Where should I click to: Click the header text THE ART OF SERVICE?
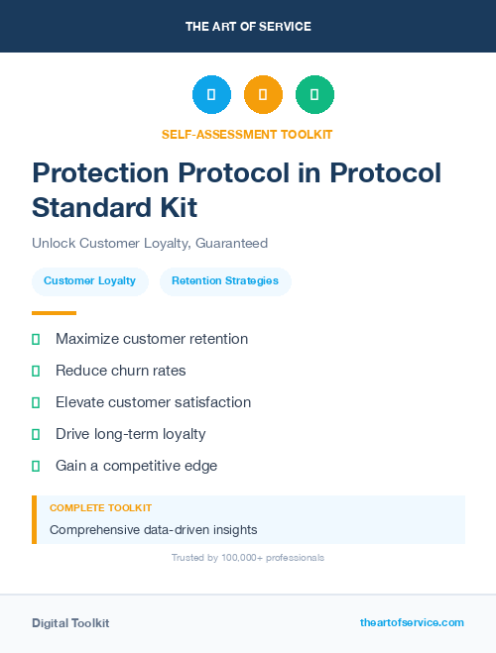click(248, 27)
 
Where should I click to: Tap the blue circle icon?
click(211, 95)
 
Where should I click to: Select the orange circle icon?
click(263, 95)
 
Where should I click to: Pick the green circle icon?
click(314, 95)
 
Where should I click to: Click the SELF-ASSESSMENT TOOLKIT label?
click(248, 134)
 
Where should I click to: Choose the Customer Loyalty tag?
click(90, 281)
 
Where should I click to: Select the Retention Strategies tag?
click(225, 281)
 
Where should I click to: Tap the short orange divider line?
click(54, 313)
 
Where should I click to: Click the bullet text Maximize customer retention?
click(152, 339)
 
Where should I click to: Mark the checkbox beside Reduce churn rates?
click(36, 371)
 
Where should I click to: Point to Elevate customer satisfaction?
click(153, 402)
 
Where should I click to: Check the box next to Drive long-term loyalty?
click(36, 434)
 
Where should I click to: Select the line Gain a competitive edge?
click(136, 466)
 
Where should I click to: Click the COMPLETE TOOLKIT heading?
click(100, 507)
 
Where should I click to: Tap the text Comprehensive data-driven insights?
click(153, 530)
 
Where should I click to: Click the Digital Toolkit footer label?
click(70, 623)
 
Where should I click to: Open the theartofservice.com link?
click(412, 622)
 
